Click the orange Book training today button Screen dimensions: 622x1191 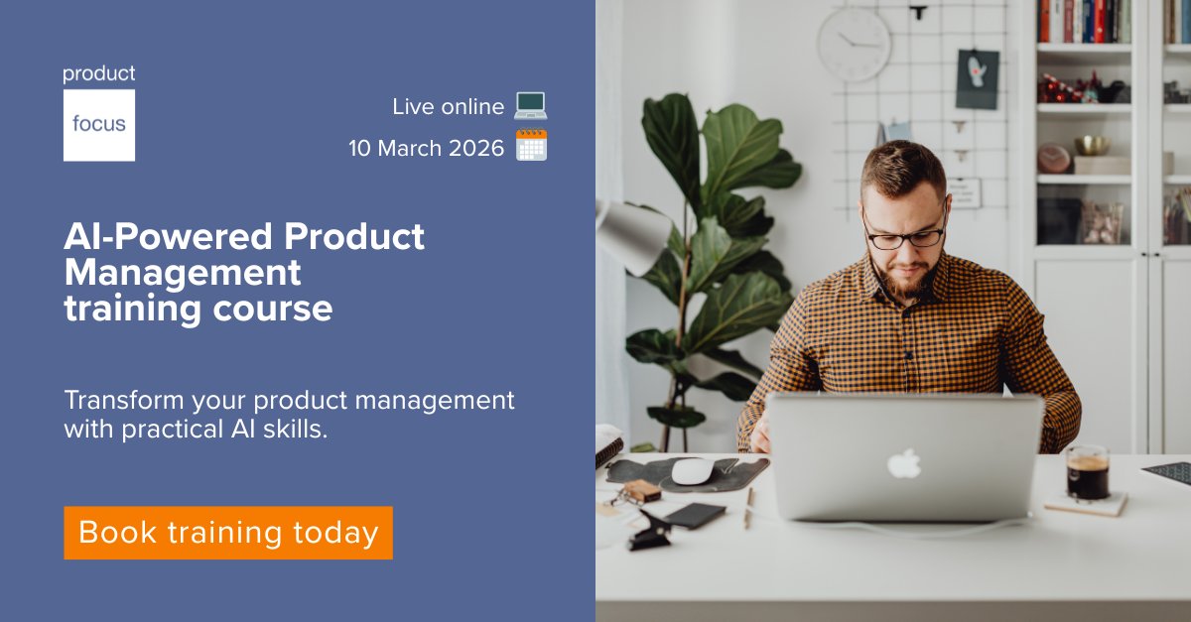pyautogui.click(x=228, y=533)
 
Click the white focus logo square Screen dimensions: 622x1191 pyautogui.click(x=99, y=125)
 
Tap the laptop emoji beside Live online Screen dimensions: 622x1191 pyautogui.click(x=531, y=105)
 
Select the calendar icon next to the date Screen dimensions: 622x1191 pyautogui.click(x=531, y=146)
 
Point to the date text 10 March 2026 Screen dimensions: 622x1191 pyautogui.click(x=426, y=148)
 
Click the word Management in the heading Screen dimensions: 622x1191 pyautogui.click(x=183, y=272)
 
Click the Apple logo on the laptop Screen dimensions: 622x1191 pyautogui.click(x=903, y=462)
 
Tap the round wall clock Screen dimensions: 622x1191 pyautogui.click(x=854, y=45)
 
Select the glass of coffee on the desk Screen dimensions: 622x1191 pyautogui.click(x=1087, y=472)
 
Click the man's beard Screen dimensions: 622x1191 pyautogui.click(x=904, y=277)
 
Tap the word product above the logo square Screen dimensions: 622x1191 pyautogui.click(x=99, y=74)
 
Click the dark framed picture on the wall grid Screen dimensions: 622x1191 pyautogui.click(x=977, y=79)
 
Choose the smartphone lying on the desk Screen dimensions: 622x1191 pyautogui.click(x=694, y=515)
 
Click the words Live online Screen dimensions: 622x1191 pyautogui.click(x=448, y=106)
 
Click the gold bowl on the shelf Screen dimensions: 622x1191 pyautogui.click(x=1091, y=145)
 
